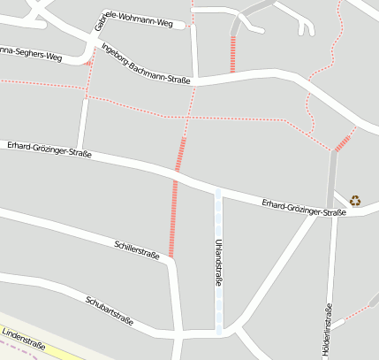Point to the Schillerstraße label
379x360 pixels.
coord(137,249)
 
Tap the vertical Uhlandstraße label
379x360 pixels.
coord(217,261)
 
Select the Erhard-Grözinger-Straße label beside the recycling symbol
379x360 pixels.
coord(303,208)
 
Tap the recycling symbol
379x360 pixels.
coord(355,200)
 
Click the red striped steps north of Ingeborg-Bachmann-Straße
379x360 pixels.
coord(233,54)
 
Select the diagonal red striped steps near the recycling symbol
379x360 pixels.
coord(344,140)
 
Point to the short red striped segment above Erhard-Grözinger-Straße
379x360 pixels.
coord(181,154)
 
